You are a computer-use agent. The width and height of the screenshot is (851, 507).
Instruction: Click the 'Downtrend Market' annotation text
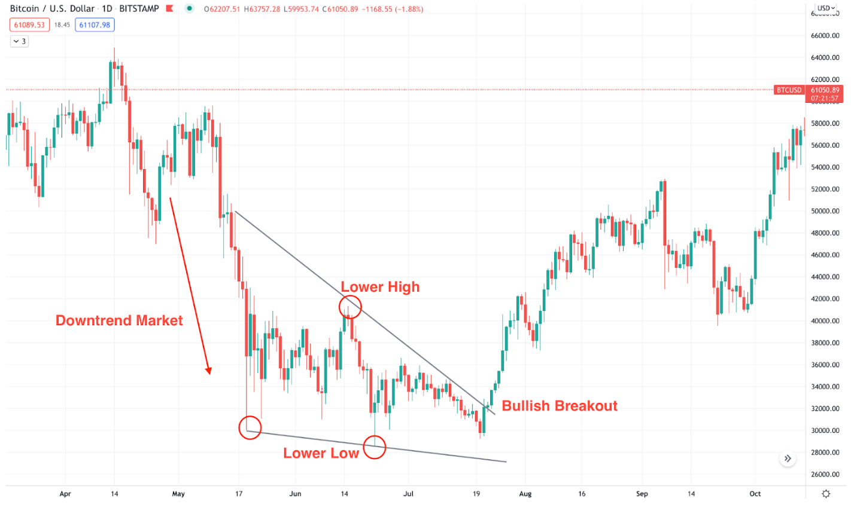click(x=119, y=320)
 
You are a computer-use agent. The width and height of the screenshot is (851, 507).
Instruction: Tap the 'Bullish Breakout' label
click(x=559, y=406)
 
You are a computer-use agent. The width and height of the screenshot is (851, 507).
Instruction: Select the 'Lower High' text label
click(x=380, y=287)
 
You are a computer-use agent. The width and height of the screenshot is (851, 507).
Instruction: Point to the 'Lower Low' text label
click(x=321, y=453)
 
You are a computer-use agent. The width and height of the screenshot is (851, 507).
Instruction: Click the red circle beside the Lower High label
click(x=350, y=307)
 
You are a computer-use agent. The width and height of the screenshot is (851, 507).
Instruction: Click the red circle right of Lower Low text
click(x=375, y=447)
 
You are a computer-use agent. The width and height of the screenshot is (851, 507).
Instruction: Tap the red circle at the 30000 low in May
click(x=250, y=428)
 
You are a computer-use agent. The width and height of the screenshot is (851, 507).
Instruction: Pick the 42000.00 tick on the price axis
click(x=825, y=299)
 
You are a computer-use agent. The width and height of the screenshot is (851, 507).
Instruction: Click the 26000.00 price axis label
click(x=825, y=475)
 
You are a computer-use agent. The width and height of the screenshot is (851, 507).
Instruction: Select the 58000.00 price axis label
click(x=825, y=124)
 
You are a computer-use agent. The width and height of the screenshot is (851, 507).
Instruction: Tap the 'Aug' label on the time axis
click(x=525, y=494)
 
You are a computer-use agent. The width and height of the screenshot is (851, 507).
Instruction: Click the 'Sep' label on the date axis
click(x=642, y=494)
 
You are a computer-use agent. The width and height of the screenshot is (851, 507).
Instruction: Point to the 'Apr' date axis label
click(x=65, y=494)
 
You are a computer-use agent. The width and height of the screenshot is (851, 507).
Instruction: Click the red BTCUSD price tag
click(x=789, y=90)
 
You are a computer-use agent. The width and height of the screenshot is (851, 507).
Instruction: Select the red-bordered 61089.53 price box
click(x=29, y=25)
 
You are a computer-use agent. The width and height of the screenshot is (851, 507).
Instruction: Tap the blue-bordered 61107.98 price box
click(x=95, y=25)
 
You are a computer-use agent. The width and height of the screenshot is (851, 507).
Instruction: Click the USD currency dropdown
click(x=826, y=8)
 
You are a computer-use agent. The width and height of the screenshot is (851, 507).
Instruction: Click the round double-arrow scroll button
click(x=788, y=459)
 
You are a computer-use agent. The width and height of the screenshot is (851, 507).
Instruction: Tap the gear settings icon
click(x=826, y=494)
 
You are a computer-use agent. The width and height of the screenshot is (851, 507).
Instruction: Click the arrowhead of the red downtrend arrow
click(x=209, y=371)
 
